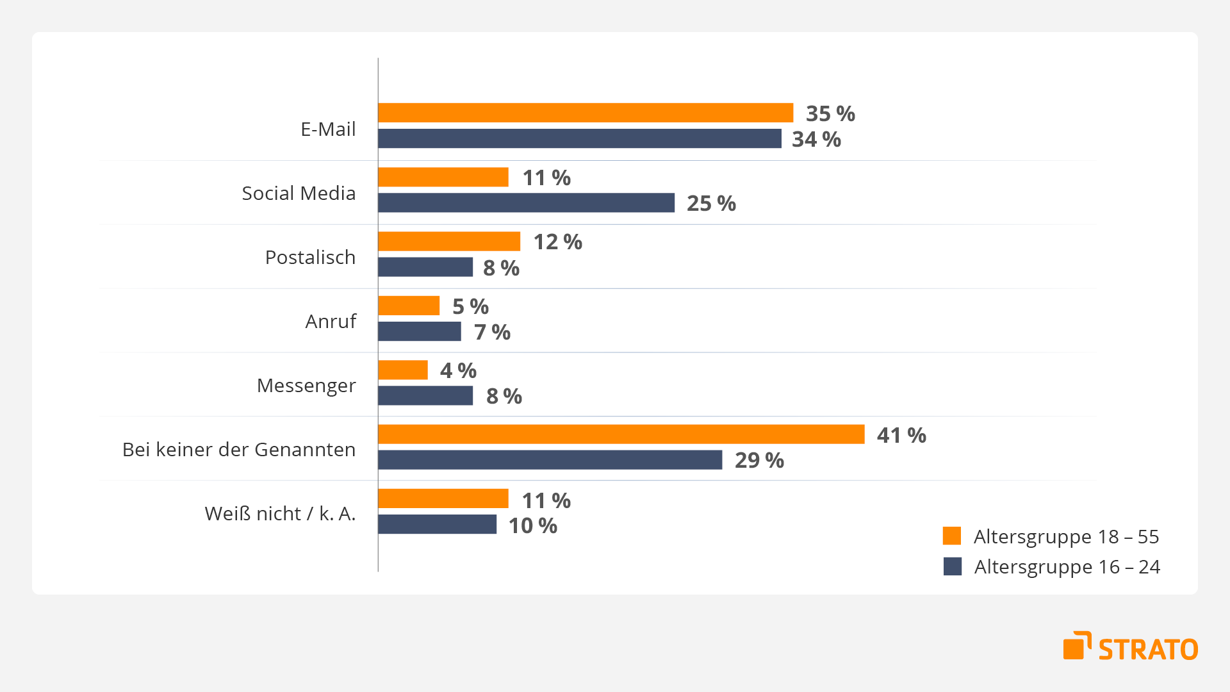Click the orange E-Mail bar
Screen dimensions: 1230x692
pos(586,113)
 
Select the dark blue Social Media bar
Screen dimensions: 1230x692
pos(526,202)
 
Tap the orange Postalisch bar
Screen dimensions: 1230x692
pos(449,242)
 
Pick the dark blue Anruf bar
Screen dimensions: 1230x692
pos(420,331)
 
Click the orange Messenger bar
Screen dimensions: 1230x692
pos(403,370)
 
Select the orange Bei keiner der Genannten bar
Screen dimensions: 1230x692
pos(621,434)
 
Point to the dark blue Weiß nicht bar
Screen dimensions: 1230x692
pos(437,524)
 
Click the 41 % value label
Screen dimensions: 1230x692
pos(901,435)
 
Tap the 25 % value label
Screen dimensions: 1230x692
pos(711,203)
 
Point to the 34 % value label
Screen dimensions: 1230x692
pos(816,139)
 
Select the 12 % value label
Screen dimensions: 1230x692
pos(558,242)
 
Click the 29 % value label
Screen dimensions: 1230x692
pos(759,460)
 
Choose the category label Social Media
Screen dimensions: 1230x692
pos(299,193)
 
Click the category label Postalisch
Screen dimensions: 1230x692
pos(310,257)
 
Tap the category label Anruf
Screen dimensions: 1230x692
pos(331,321)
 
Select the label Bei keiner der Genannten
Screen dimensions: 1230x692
pos(239,449)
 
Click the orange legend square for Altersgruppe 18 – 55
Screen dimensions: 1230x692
pos(952,536)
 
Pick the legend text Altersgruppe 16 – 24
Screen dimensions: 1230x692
pos(1067,567)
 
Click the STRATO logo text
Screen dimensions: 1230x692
pos(1148,649)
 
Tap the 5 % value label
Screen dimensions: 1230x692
pos(470,306)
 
